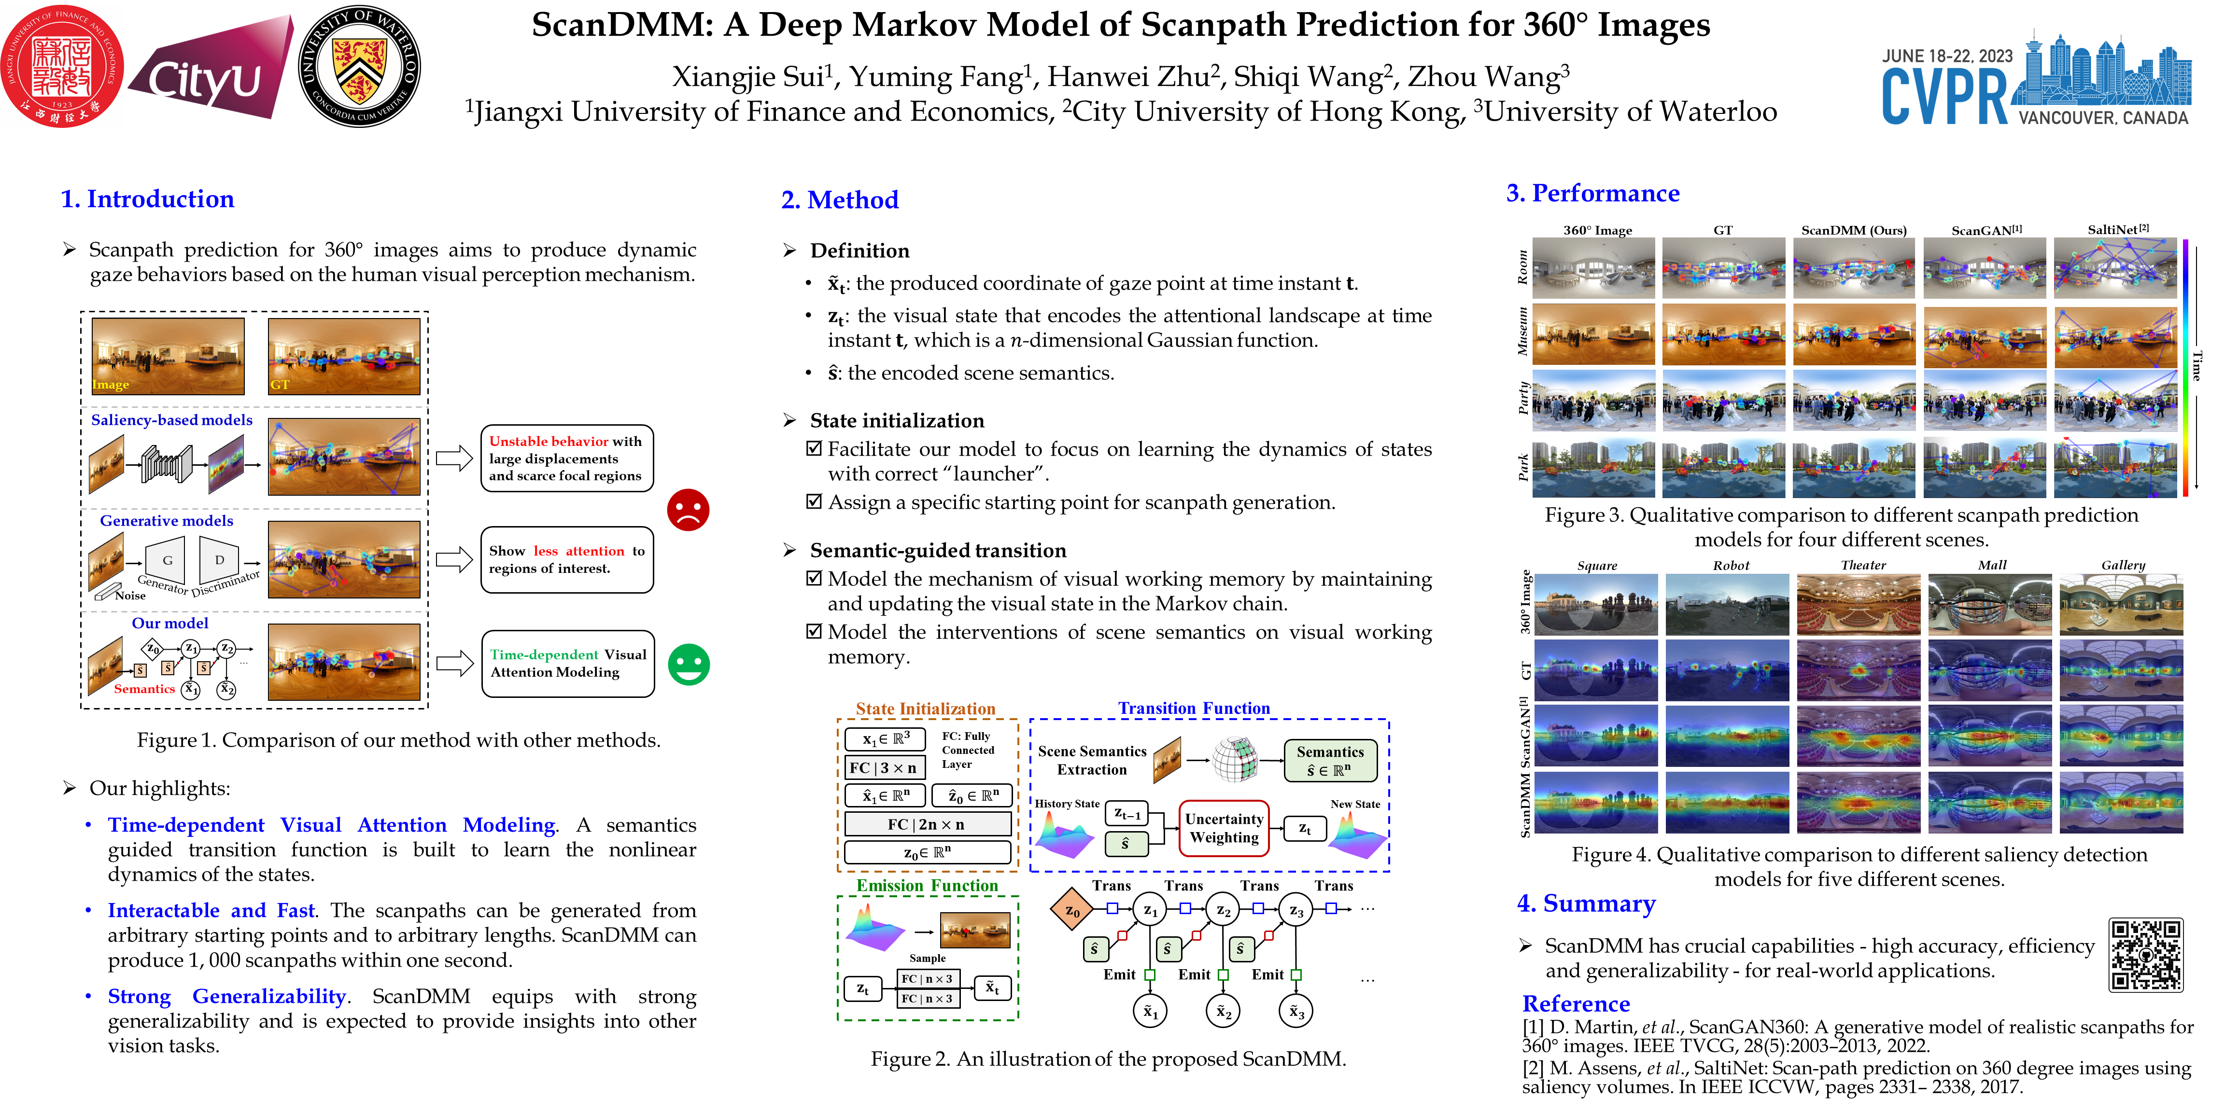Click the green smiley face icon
click(x=689, y=665)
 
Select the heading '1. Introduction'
click(x=148, y=199)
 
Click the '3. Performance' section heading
click(x=1593, y=194)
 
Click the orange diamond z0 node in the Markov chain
click(x=1072, y=910)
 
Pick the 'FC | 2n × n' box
click(x=926, y=824)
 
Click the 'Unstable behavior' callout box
click(x=566, y=459)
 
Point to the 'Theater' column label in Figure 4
click(x=1863, y=566)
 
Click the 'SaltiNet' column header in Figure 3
click(x=2117, y=230)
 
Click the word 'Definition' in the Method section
click(x=859, y=251)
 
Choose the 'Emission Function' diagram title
click(x=927, y=886)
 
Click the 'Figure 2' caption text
click(x=1108, y=1059)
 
